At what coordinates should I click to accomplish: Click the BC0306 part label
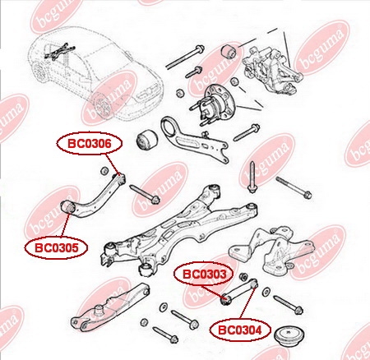click(x=90, y=144)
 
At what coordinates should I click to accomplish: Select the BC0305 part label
click(x=56, y=247)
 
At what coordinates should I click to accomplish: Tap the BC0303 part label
click(x=205, y=274)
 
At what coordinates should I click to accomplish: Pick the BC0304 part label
click(x=240, y=330)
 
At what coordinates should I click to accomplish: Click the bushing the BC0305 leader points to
click(x=67, y=208)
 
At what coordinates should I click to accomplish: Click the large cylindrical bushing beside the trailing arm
click(x=146, y=141)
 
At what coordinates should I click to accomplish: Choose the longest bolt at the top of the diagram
click(x=184, y=57)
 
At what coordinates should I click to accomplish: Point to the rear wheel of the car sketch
click(x=101, y=105)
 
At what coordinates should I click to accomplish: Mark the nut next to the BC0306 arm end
click(x=104, y=171)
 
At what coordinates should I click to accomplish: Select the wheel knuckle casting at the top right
click(x=271, y=69)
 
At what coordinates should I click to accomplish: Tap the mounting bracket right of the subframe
click(x=272, y=248)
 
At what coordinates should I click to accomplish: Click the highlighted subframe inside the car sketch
click(x=58, y=51)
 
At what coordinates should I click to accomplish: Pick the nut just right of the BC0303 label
click(x=243, y=276)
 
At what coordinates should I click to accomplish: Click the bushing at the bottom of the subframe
click(x=146, y=270)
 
